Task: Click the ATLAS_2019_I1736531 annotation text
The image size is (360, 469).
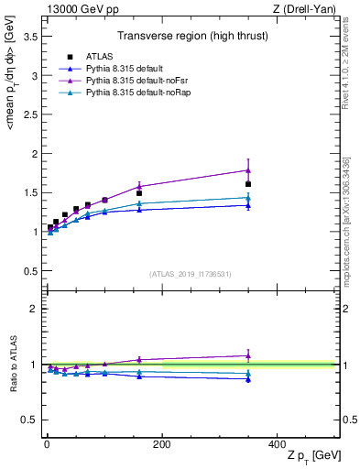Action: [x=191, y=274]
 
